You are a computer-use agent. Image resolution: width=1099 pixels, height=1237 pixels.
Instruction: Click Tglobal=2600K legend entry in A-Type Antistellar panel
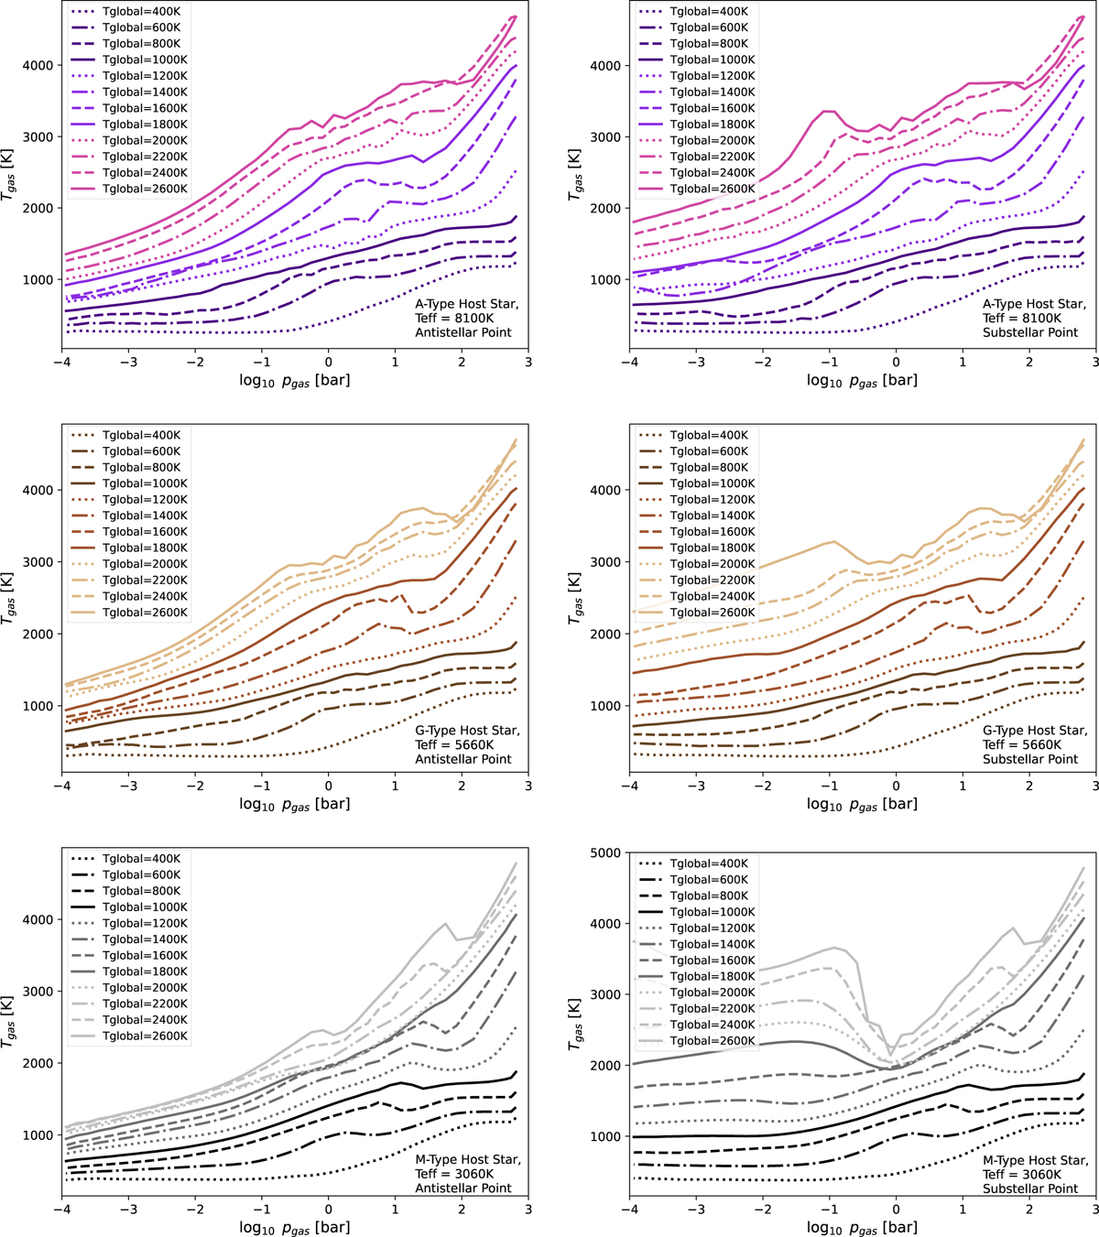coord(145,189)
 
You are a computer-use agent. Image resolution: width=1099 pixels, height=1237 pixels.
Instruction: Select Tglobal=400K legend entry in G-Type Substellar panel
coord(709,436)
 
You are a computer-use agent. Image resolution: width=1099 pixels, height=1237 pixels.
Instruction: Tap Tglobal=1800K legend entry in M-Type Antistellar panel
coord(145,971)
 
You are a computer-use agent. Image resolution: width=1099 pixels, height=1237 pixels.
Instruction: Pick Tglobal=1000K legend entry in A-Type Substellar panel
coord(713,60)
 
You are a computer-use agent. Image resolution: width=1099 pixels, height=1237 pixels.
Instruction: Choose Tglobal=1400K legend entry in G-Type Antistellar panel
coord(145,515)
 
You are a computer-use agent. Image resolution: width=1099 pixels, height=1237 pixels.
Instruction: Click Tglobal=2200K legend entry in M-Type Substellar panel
coord(713,1008)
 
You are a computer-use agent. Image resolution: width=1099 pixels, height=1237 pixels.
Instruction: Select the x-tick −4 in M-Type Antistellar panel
coord(61,1209)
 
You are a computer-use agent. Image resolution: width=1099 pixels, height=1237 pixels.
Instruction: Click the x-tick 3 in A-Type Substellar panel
coord(1096,362)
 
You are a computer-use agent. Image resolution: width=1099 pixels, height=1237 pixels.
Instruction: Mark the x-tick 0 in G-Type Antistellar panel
coord(329,786)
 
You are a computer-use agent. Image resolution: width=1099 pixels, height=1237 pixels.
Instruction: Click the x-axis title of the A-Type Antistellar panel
coord(294,380)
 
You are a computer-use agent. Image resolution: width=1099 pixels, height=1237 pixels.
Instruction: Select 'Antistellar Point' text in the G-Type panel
coord(463,759)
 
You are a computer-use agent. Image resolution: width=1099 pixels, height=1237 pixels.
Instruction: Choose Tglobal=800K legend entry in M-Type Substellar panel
coord(709,896)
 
